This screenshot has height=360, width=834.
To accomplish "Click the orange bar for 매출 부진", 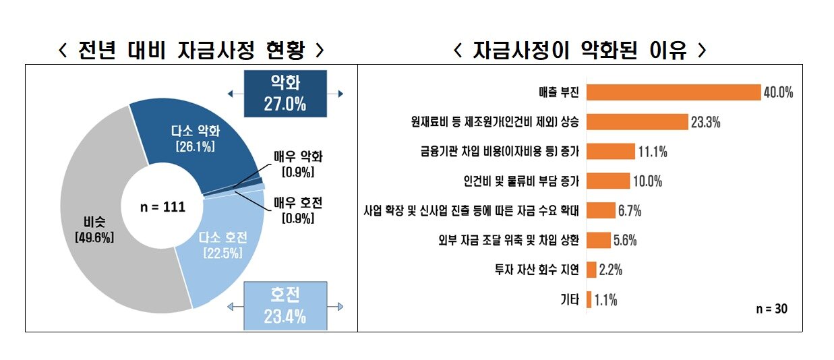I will (x=673, y=92).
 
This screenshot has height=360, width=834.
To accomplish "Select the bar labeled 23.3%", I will (x=637, y=121).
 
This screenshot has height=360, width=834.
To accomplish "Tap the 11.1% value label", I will (x=653, y=152).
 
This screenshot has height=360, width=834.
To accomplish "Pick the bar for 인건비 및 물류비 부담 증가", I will (x=608, y=181).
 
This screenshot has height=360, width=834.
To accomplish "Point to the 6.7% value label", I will (x=629, y=211).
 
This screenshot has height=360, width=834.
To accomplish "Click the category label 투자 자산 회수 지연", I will (x=537, y=270).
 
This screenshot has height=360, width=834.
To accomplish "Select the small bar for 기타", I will (x=589, y=299).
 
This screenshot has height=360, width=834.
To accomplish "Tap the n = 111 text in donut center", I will (x=162, y=206).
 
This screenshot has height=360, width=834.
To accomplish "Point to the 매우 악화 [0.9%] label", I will (x=298, y=163).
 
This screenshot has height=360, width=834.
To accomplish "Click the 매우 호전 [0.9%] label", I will (x=298, y=209).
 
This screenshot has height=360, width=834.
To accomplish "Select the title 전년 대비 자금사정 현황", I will (x=191, y=50).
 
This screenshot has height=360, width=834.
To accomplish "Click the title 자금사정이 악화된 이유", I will (x=580, y=50).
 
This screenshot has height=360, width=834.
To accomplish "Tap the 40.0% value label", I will (x=778, y=93).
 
